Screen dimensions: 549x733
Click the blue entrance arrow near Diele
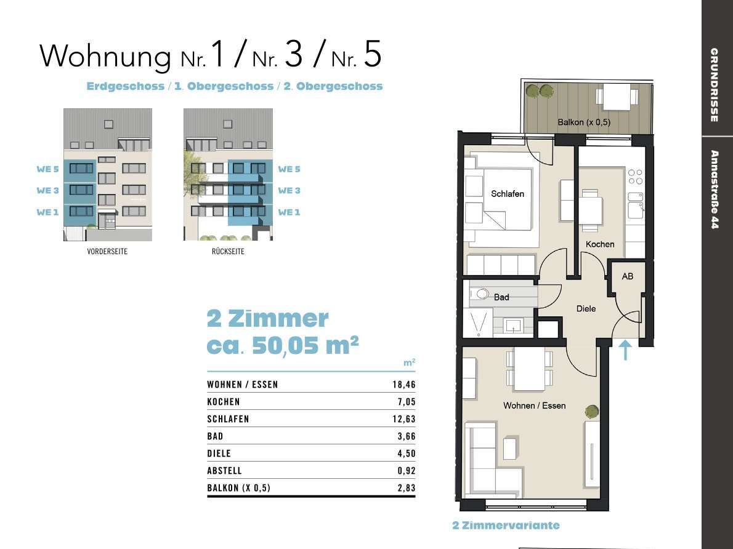click(x=625, y=350)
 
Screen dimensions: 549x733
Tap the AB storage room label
click(x=627, y=276)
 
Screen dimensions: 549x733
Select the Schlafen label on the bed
click(x=508, y=194)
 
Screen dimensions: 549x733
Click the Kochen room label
click(x=599, y=244)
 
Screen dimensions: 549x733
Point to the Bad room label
click(x=501, y=297)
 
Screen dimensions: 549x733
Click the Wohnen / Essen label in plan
click(x=534, y=406)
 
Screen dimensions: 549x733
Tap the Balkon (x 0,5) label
click(x=583, y=122)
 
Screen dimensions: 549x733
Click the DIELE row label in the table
click(x=219, y=454)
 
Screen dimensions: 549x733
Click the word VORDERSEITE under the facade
click(x=107, y=252)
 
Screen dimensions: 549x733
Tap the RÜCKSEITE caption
click(x=227, y=252)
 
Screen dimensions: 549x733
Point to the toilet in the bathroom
click(x=480, y=294)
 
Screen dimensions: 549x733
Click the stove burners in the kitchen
click(x=634, y=177)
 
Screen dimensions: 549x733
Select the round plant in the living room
click(x=591, y=411)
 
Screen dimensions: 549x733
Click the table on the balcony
click(x=615, y=97)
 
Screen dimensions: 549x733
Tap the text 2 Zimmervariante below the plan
click(x=505, y=526)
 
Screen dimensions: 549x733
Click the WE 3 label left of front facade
click(x=47, y=191)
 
